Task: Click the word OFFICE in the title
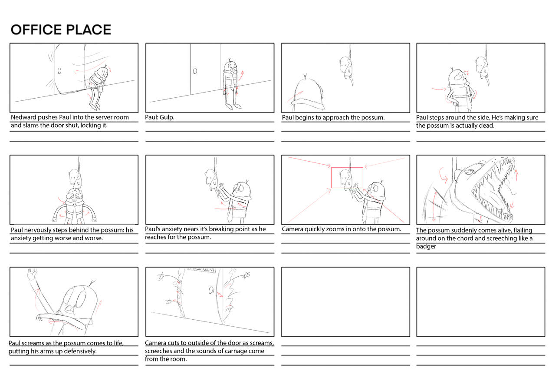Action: (36, 30)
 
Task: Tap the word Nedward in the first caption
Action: (23, 117)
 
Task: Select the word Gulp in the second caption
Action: (167, 117)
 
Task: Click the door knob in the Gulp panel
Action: (195, 71)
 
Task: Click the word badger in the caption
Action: (426, 246)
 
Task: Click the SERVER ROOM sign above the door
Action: (200, 269)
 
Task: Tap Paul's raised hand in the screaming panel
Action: (31, 274)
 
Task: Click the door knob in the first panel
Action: (59, 71)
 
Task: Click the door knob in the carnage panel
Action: (211, 290)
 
